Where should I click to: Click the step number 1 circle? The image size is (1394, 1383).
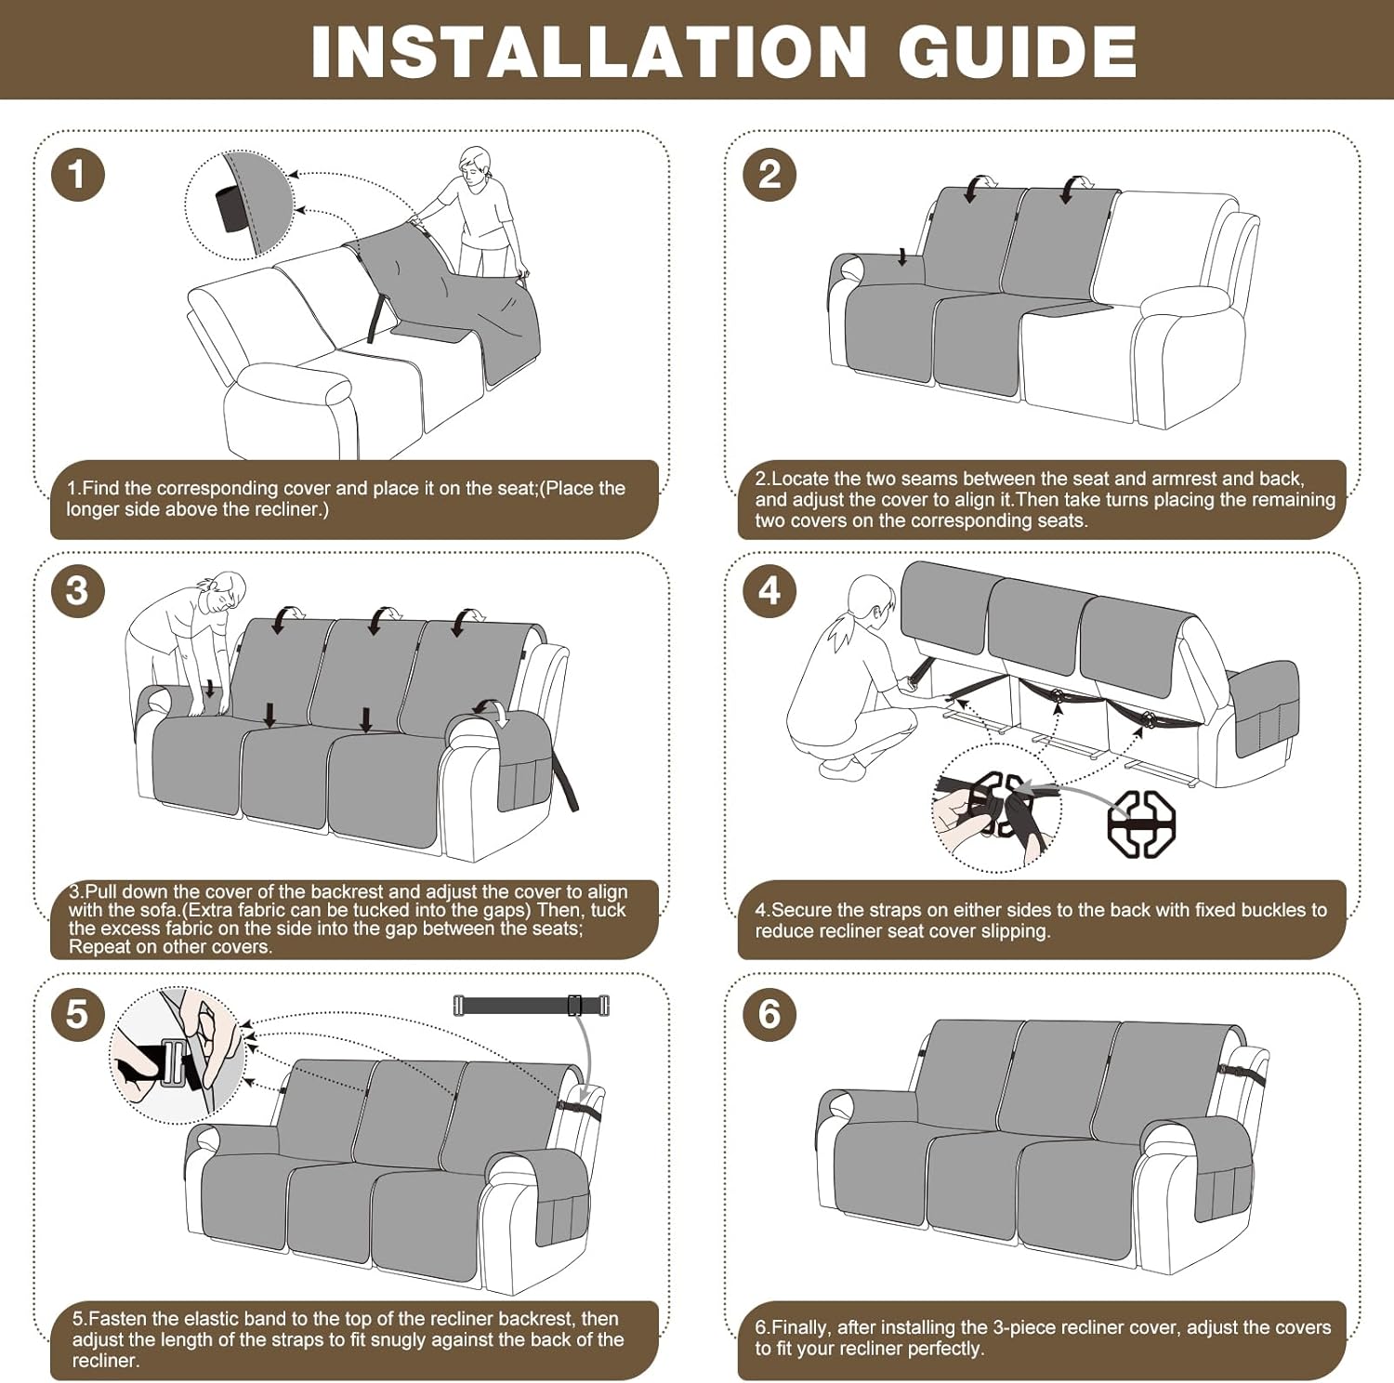pyautogui.click(x=77, y=174)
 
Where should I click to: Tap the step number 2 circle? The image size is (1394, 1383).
pyautogui.click(x=769, y=174)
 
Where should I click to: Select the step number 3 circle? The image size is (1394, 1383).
pyautogui.click(x=77, y=590)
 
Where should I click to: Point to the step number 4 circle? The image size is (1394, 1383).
pyautogui.click(x=769, y=590)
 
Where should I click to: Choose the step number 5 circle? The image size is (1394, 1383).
pyautogui.click(x=77, y=1014)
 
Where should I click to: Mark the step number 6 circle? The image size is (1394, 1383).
pyautogui.click(x=769, y=1014)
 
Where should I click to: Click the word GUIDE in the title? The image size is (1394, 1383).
pyautogui.click(x=1018, y=51)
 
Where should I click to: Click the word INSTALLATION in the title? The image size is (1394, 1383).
pyautogui.click(x=589, y=51)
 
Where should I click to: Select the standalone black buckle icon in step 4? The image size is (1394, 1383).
pyautogui.click(x=1141, y=823)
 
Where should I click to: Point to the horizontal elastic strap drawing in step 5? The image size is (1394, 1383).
pyautogui.click(x=532, y=1005)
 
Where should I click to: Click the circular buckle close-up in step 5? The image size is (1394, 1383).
pyautogui.click(x=178, y=1056)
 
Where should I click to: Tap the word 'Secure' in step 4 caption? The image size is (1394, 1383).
pyautogui.click(x=802, y=910)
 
